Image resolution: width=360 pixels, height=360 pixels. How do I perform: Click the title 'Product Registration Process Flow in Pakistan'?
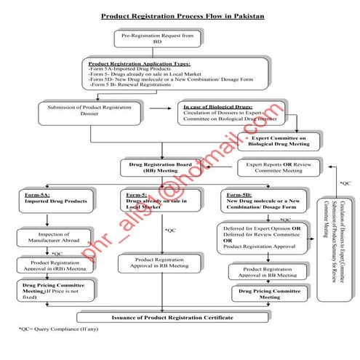(182, 15)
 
